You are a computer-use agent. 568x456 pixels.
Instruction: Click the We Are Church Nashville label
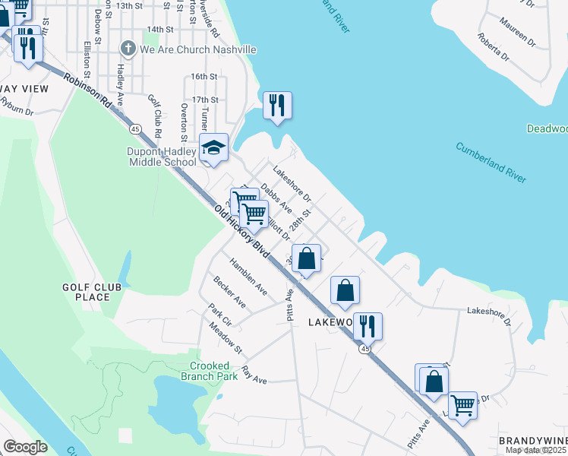coord(197,49)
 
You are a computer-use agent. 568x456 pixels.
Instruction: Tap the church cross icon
coord(128,49)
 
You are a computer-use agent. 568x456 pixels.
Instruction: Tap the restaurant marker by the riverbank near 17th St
coord(277,106)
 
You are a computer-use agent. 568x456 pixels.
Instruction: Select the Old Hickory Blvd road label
coord(241,232)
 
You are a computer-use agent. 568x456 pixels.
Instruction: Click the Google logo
coord(25,447)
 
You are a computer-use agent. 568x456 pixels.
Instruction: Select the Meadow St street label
coord(226,338)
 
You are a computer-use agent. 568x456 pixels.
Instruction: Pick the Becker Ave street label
coord(229,291)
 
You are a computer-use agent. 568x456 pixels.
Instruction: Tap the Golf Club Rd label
coord(156,116)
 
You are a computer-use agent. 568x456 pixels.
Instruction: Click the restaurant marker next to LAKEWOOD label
coord(368,326)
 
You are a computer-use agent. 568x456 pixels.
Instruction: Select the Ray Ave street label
coord(254,375)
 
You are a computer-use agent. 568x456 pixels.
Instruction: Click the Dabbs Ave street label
coord(276,196)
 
